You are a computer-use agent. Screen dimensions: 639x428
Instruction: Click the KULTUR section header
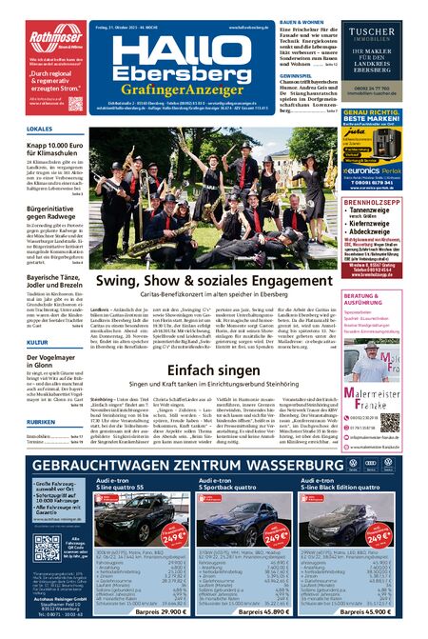tap(12, 313)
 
